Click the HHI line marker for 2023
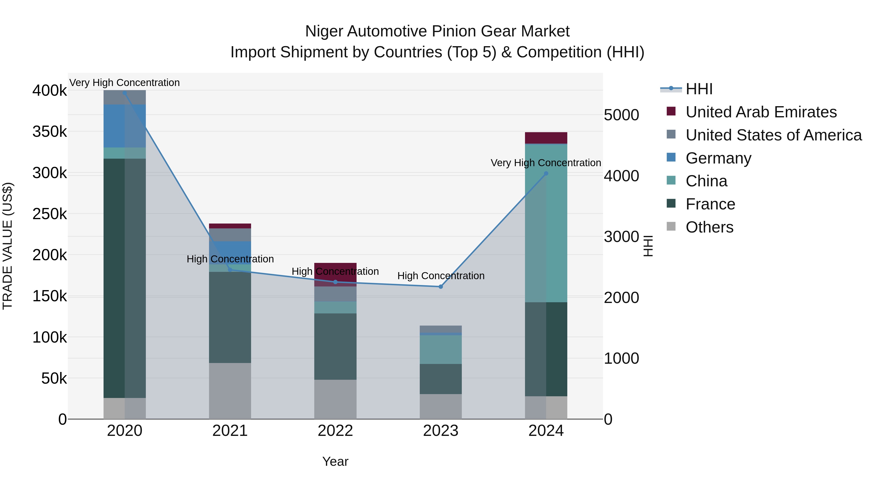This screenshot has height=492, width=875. [x=441, y=287]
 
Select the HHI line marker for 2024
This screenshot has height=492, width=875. [x=546, y=173]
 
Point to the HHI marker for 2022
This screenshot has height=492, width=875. [x=335, y=282]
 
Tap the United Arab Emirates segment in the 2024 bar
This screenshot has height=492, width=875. [x=546, y=138]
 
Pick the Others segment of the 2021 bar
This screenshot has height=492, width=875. [x=230, y=390]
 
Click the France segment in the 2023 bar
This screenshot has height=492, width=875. [x=441, y=379]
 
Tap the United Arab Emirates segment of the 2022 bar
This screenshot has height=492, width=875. [x=335, y=274]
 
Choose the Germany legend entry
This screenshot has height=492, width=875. [x=718, y=158]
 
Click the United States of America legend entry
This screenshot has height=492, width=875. [x=773, y=135]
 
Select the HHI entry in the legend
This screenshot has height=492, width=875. [x=699, y=89]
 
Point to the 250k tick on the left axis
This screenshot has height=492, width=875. [x=50, y=214]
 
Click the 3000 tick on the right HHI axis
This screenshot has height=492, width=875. [x=621, y=237]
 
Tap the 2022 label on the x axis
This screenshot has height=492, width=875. [x=335, y=431]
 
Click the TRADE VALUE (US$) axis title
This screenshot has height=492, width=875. [x=8, y=246]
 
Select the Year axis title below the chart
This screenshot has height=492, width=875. [x=335, y=461]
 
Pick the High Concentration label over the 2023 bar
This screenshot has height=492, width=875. [x=441, y=276]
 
